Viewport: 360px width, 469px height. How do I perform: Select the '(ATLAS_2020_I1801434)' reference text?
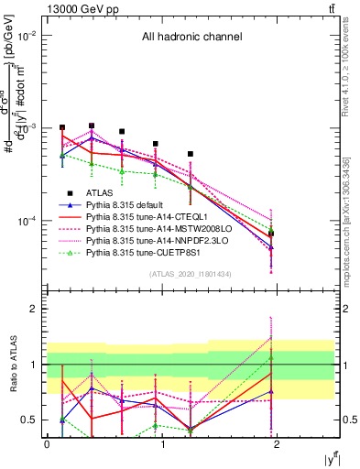click(x=190, y=274)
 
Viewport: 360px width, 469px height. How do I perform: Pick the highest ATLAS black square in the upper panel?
click(x=92, y=125)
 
